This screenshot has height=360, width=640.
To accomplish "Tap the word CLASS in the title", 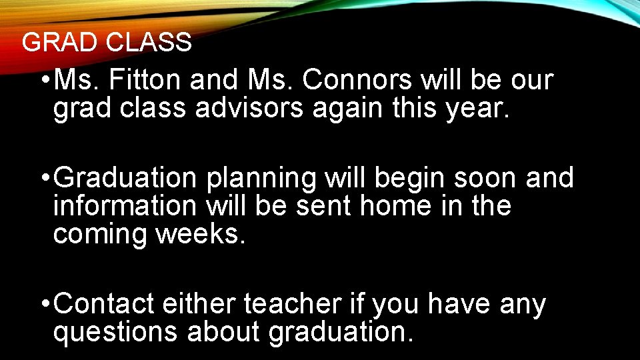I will click(x=147, y=43).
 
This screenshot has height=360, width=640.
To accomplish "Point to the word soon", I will click(x=477, y=179).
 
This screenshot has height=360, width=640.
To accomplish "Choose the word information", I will click(x=124, y=206).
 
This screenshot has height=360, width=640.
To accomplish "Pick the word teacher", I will click(x=292, y=305).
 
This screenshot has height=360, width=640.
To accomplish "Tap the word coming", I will click(x=100, y=235).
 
